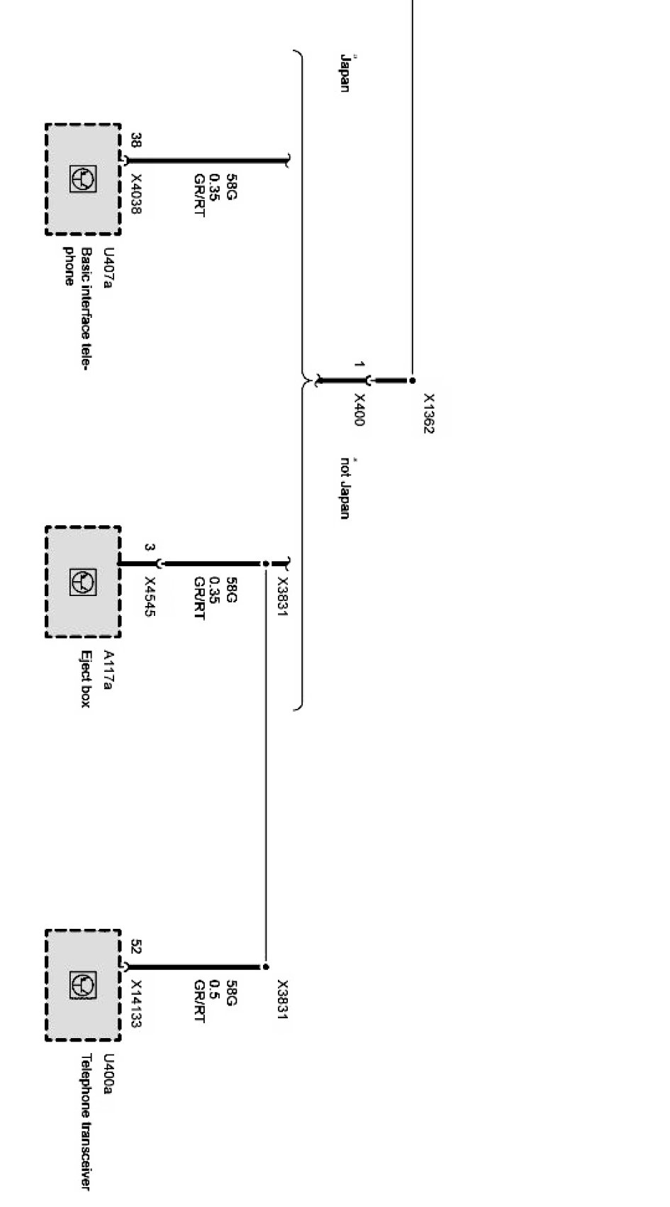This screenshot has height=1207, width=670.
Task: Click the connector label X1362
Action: tap(429, 414)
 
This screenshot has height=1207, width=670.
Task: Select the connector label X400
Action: tap(359, 409)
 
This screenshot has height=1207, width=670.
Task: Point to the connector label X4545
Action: tap(150, 597)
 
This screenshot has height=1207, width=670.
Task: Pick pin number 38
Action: tap(136, 140)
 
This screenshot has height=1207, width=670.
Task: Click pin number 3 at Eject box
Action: tap(149, 547)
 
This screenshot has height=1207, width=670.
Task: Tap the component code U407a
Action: tap(108, 268)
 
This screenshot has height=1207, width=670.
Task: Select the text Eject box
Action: tap(85, 679)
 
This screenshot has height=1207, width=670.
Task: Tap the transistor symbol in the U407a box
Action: tap(83, 180)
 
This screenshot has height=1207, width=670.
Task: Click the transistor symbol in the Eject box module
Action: tap(83, 582)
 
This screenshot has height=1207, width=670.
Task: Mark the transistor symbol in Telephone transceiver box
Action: tap(83, 985)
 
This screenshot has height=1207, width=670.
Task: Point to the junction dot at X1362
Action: tap(413, 380)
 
